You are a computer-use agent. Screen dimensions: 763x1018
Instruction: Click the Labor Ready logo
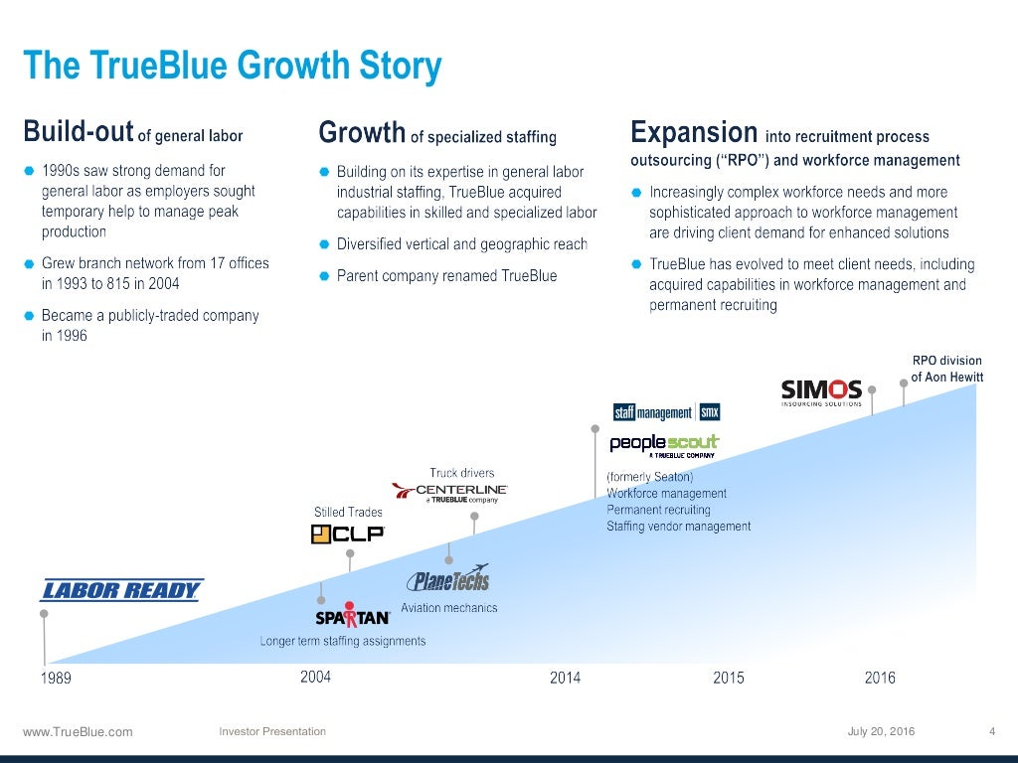pyautogui.click(x=121, y=590)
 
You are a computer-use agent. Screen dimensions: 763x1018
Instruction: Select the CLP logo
pyautogui.click(x=347, y=534)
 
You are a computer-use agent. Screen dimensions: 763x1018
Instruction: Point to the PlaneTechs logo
pyautogui.click(x=447, y=579)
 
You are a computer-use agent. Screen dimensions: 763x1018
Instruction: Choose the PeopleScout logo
pyautogui.click(x=664, y=444)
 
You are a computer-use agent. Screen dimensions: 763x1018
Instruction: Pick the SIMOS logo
pyautogui.click(x=821, y=391)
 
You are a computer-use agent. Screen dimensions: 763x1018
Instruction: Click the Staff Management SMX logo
pyautogui.click(x=666, y=412)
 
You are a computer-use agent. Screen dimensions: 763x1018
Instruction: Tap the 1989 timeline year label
pyautogui.click(x=56, y=679)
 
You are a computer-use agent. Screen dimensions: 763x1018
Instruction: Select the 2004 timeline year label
pyautogui.click(x=315, y=677)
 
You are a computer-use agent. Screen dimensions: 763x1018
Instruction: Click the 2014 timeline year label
pyautogui.click(x=565, y=678)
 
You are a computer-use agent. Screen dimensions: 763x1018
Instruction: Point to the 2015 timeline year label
pyautogui.click(x=728, y=678)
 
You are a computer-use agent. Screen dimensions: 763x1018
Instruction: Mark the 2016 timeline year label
pyautogui.click(x=880, y=678)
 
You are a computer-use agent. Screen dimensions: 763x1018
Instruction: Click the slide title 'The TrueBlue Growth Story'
pyautogui.click(x=233, y=67)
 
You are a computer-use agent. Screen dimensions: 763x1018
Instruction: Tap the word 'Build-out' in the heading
pyautogui.click(x=79, y=132)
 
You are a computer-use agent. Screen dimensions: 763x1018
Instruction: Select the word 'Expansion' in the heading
pyautogui.click(x=694, y=132)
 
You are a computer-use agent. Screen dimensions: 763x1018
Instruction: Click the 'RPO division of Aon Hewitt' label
pyautogui.click(x=945, y=369)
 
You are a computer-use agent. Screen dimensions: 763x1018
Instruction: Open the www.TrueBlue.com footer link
pyautogui.click(x=78, y=732)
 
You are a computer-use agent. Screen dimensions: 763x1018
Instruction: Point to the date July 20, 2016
pyautogui.click(x=881, y=732)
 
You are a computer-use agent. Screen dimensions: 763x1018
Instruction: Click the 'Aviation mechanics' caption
pyautogui.click(x=448, y=608)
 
